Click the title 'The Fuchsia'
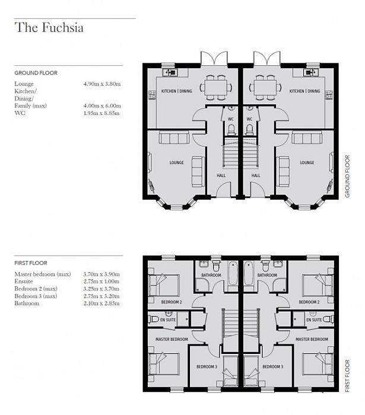(49, 27)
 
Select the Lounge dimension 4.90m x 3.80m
(102, 84)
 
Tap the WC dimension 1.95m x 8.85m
(101, 113)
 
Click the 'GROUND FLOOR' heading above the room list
(36, 73)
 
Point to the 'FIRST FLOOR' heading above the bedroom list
(31, 263)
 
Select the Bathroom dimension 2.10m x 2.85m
(101, 304)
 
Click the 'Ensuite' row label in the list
(24, 282)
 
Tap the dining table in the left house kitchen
(215, 87)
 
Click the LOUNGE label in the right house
(307, 162)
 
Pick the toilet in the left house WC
(231, 130)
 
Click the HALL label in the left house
(221, 175)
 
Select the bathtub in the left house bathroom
(233, 273)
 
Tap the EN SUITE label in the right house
(314, 320)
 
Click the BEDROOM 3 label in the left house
(207, 366)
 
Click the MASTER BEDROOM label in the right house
(312, 339)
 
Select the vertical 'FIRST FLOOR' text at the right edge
(348, 376)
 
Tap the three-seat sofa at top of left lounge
(174, 138)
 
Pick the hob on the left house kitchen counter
(152, 95)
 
